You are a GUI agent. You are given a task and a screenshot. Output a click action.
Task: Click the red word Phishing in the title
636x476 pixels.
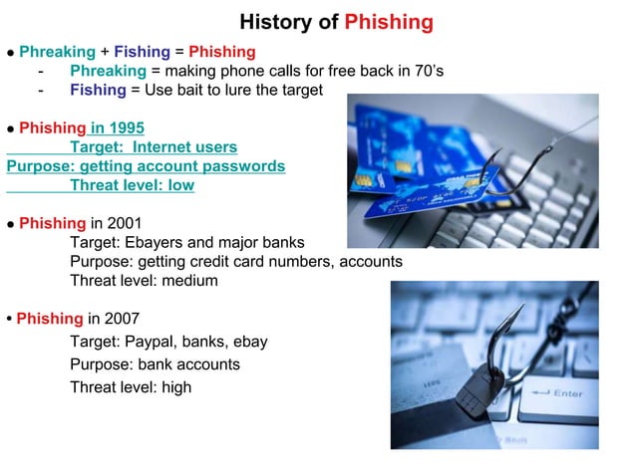pyautogui.click(x=389, y=22)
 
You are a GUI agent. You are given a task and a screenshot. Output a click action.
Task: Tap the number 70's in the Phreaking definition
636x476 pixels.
pyautogui.click(x=426, y=70)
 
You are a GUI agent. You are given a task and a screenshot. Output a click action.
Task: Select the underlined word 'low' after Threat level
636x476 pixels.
pyautogui.click(x=179, y=185)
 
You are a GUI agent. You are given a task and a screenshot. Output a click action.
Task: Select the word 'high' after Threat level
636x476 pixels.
pyautogui.click(x=174, y=387)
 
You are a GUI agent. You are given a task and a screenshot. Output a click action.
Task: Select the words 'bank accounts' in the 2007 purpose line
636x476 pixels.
pyautogui.click(x=188, y=364)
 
